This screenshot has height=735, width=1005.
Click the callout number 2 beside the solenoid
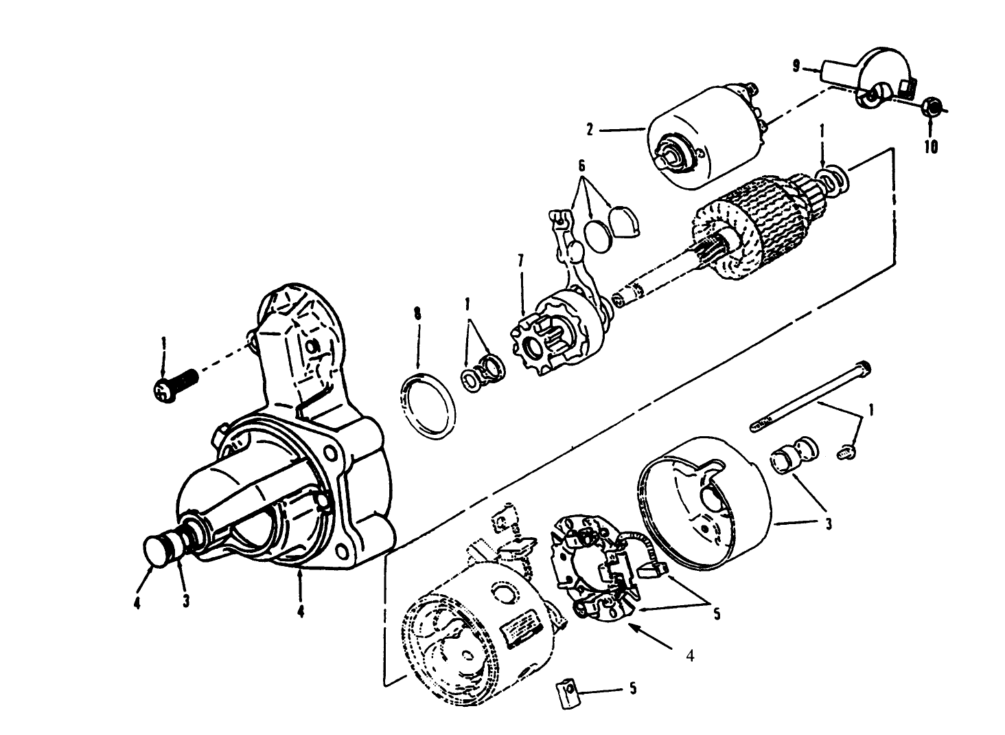coord(589,128)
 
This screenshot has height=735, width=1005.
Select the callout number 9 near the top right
coord(796,66)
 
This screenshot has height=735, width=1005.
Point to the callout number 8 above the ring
coord(417,314)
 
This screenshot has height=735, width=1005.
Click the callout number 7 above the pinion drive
coord(520,260)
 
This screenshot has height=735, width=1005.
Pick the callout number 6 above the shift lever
coord(581,166)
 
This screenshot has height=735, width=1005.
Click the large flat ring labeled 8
coord(428,406)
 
